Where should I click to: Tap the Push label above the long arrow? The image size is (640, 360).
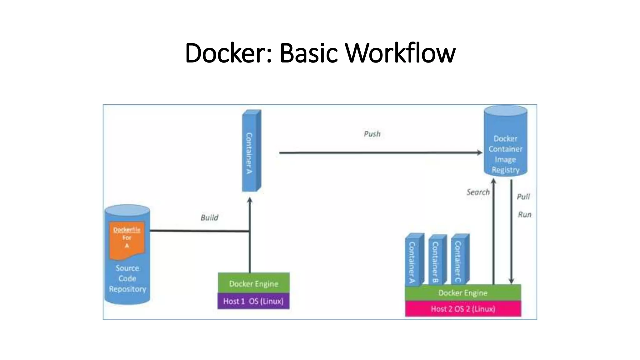click(372, 134)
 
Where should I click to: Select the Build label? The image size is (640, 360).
click(209, 217)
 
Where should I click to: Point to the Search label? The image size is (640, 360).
click(478, 192)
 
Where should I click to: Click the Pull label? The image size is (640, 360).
click(523, 197)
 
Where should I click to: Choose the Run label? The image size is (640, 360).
click(524, 215)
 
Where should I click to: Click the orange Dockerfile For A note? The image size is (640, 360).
click(127, 239)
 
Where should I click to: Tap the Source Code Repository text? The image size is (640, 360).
click(127, 278)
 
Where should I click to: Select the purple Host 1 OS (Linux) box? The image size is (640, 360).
click(253, 301)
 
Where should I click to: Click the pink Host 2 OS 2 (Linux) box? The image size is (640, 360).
click(463, 309)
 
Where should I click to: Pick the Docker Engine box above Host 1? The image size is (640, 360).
click(253, 283)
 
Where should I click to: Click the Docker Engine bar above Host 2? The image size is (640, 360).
click(463, 293)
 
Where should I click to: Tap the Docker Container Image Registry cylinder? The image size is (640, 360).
click(505, 147)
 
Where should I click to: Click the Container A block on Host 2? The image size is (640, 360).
click(413, 261)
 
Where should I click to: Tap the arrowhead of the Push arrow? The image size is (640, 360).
click(480, 152)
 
